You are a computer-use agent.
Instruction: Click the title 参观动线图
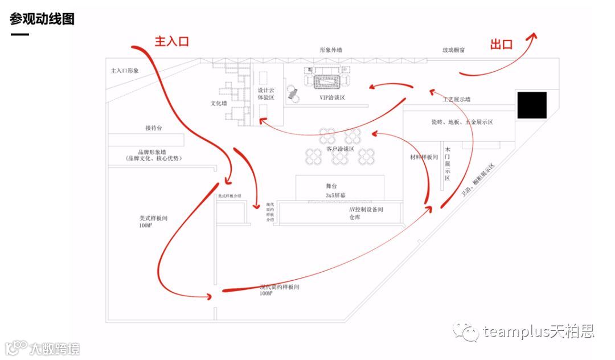(42, 19)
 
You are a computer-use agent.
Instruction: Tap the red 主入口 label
(171, 41)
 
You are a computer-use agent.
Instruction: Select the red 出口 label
(501, 44)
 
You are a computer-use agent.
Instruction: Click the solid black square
(532, 105)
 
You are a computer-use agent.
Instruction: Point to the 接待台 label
(154, 128)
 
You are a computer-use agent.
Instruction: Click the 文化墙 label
(219, 104)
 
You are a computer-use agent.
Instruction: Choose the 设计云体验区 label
(266, 94)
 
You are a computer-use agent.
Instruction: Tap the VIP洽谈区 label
(332, 97)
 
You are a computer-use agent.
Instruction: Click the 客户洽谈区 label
(340, 149)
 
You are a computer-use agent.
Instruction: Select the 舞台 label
(340, 186)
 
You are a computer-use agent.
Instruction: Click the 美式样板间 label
(153, 218)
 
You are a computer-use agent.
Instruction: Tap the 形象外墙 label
(331, 50)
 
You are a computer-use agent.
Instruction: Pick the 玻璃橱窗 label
(454, 50)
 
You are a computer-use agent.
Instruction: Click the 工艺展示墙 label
(457, 99)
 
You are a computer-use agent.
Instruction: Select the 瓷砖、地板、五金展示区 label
(462, 122)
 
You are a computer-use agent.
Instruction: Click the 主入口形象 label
(125, 71)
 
